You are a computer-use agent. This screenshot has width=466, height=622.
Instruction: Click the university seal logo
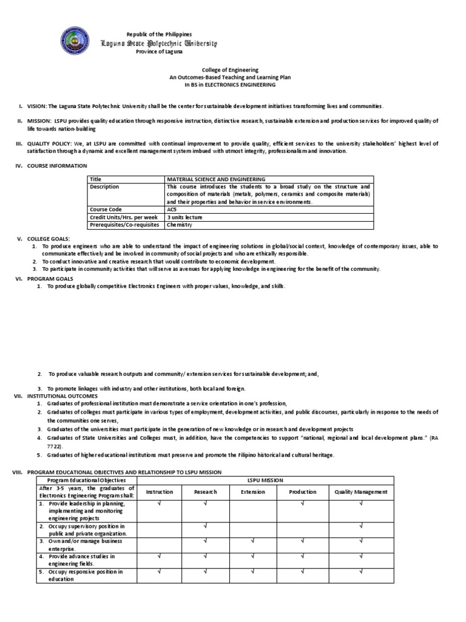[x=78, y=42]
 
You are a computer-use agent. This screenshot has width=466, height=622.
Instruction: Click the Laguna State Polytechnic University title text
[x=158, y=43]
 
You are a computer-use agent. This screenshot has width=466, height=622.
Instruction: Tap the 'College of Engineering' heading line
[x=217, y=70]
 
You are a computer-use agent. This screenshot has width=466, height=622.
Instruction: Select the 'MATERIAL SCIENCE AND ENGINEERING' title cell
[x=216, y=179]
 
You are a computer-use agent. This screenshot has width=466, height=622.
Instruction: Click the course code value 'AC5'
[x=172, y=209]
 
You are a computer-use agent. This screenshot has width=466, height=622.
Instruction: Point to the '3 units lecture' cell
[x=185, y=217]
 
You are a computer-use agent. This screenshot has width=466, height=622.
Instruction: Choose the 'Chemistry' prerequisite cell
[x=179, y=224]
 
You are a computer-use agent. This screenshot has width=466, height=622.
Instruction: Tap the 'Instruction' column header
[x=160, y=491]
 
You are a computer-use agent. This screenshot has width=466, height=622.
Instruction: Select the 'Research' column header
[x=205, y=491]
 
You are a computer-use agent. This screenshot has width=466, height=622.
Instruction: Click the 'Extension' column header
[x=253, y=491]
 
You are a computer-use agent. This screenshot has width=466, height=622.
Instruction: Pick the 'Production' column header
[x=302, y=491]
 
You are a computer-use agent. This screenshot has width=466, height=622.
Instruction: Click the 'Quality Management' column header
[x=360, y=491]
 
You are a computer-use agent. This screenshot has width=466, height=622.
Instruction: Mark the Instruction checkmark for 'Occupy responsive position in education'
[x=160, y=571]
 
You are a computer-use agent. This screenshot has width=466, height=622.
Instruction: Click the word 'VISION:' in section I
[x=36, y=106]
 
